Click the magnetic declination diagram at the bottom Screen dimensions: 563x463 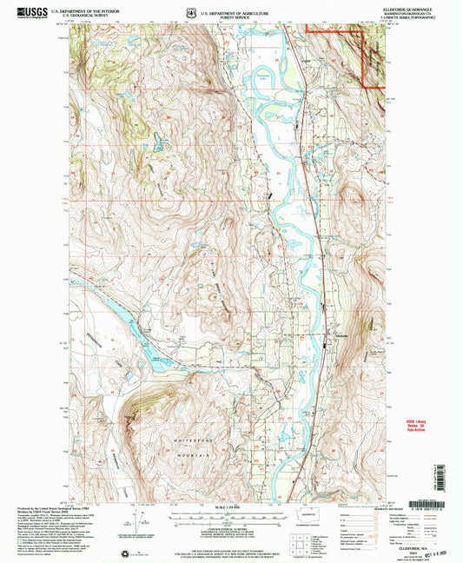click(136, 523)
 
